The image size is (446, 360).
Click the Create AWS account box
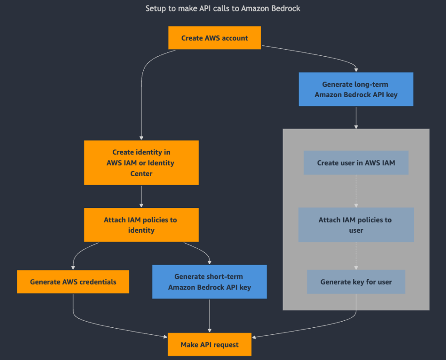pyautogui.click(x=214, y=38)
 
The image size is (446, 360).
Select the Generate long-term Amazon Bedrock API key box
pyautogui.click(x=356, y=89)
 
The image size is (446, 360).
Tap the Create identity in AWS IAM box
pyautogui.click(x=141, y=163)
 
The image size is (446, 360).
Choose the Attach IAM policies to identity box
pyautogui.click(x=141, y=225)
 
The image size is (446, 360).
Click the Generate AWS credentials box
pyautogui.click(x=73, y=282)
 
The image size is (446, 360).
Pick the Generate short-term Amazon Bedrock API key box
pyautogui.click(x=209, y=282)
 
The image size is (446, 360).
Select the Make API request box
pyautogui.click(x=209, y=345)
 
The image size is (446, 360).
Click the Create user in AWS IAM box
pyautogui.click(x=356, y=163)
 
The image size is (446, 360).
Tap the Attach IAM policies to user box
pyautogui.click(x=356, y=225)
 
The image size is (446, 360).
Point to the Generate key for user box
pyautogui.click(x=356, y=282)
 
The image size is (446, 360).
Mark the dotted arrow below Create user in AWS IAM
pyautogui.click(x=356, y=191)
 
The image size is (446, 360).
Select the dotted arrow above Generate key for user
pyautogui.click(x=356, y=256)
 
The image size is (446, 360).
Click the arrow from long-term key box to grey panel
pyautogui.click(x=356, y=118)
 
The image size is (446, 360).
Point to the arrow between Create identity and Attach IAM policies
pyautogui.click(x=141, y=196)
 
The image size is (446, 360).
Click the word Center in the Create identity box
pyautogui.click(x=141, y=173)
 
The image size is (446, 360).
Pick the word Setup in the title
pyautogui.click(x=155, y=8)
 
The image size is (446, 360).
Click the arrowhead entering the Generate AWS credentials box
pyautogui.click(x=73, y=267)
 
